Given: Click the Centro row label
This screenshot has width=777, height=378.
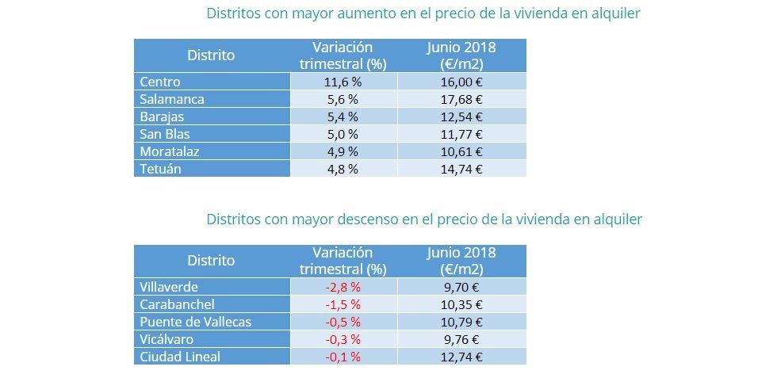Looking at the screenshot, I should pos(160,82).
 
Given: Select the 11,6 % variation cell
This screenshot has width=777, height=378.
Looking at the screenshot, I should pos(343,82).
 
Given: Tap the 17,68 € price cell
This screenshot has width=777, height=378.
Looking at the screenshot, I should pos(461,99).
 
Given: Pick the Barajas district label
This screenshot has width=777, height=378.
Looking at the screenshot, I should pos(163,116).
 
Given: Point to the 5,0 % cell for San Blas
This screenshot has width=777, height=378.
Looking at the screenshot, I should pos(343,134).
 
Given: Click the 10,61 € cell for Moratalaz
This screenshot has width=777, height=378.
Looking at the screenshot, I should pos(461,151).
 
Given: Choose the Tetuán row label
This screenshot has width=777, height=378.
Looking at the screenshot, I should pos(161,168).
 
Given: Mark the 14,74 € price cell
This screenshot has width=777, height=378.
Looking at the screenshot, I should pos(461,168).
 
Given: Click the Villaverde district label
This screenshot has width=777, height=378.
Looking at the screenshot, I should pos(169,287).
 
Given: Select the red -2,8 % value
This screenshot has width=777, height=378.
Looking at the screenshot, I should pos(343,287).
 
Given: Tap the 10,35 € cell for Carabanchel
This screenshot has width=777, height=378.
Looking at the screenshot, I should pos(461,304).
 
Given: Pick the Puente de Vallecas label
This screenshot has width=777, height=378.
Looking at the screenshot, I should pos(195,322).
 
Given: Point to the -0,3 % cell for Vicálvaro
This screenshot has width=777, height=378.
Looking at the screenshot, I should pos(343,339).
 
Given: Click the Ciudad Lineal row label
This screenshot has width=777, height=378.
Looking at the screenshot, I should pos(179,357).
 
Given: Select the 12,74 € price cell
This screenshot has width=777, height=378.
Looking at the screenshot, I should pos(461,357).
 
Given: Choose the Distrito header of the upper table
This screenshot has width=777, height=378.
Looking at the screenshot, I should pos(211,55).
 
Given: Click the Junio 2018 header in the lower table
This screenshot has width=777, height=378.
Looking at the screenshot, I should pos(461,253).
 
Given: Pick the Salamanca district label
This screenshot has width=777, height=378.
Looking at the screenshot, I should pos(172,99).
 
